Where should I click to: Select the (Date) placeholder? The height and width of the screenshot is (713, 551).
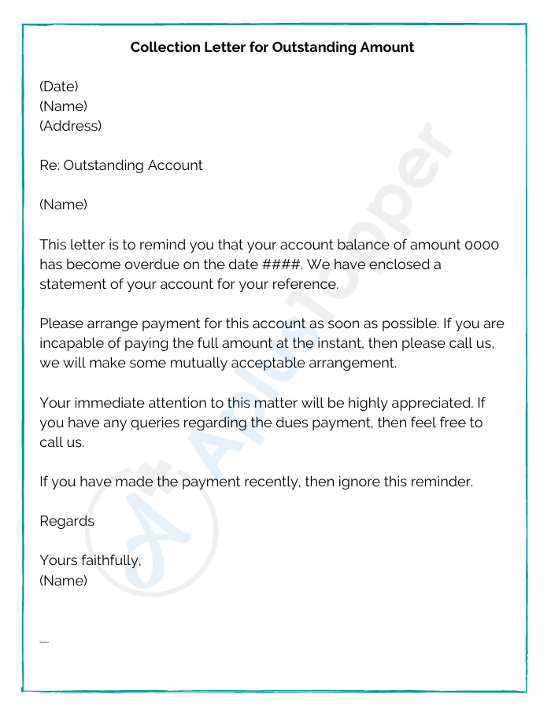tap(59, 87)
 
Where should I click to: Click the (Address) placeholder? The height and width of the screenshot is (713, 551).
tap(71, 126)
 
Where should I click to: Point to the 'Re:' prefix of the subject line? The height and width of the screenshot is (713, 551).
tap(50, 165)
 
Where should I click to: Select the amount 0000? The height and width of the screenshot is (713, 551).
tap(482, 245)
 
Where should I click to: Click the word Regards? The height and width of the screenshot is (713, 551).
tap(67, 521)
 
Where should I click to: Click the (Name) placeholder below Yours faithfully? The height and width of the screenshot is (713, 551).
tap(63, 581)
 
